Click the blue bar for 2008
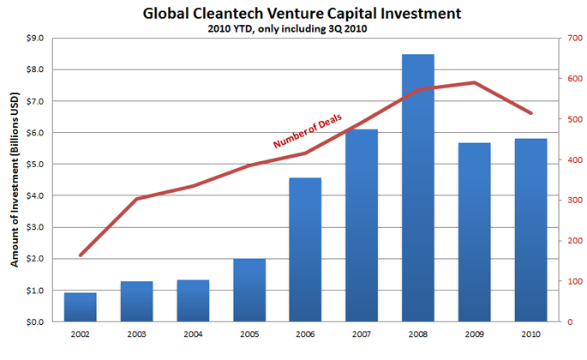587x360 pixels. pyautogui.click(x=418, y=189)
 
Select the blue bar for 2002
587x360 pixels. pyautogui.click(x=81, y=307)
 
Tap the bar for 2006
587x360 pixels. pyautogui.click(x=305, y=249)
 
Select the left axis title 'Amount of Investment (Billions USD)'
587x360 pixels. pyautogui.click(x=15, y=180)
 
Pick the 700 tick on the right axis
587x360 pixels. pyautogui.click(x=569, y=38)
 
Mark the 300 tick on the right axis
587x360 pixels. pyautogui.click(x=569, y=201)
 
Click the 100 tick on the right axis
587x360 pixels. pyautogui.click(x=569, y=282)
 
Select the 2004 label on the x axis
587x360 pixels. pyautogui.click(x=193, y=334)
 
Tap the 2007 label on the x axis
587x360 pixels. pyautogui.click(x=362, y=334)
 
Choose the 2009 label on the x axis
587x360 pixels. pyautogui.click(x=474, y=334)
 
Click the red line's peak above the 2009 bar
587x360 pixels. pyautogui.click(x=474, y=82)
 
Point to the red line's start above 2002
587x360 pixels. pyautogui.click(x=81, y=255)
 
